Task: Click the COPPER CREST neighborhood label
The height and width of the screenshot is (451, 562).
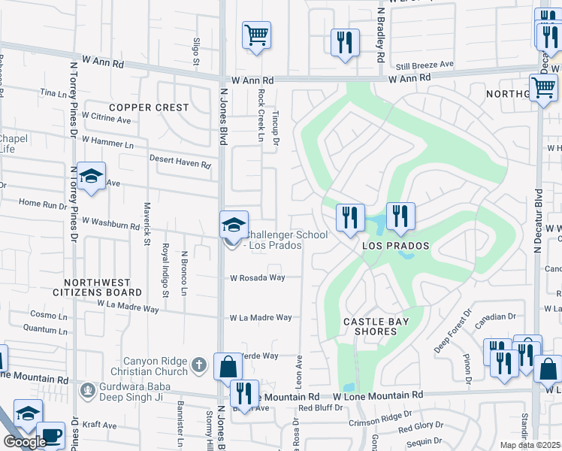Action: coord(149,107)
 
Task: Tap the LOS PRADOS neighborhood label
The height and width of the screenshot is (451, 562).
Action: coord(396,246)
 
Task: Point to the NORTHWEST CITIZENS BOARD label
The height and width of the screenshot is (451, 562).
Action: coord(97,286)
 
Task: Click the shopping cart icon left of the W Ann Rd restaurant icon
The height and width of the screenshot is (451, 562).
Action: coord(256,35)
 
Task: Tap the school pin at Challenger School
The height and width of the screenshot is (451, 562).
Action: coord(234,225)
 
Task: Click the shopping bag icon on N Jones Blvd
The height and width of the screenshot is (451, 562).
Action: coord(228,367)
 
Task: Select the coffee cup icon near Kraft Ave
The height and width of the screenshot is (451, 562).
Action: coord(50,436)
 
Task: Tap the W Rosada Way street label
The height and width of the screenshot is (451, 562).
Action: coord(257,277)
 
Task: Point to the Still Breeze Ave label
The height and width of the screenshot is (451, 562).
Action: coord(425,65)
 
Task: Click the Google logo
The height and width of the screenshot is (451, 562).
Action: coord(25,442)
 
